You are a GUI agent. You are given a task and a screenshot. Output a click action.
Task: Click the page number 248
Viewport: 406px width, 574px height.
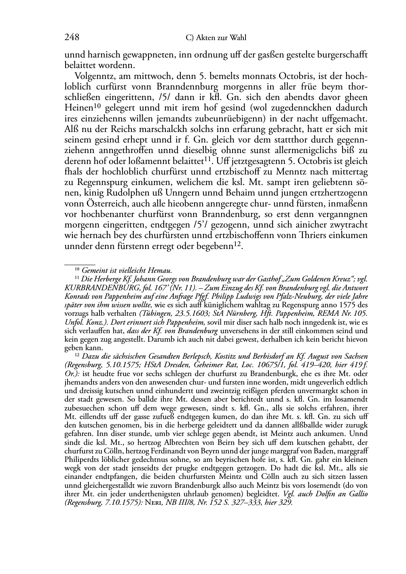(x=72, y=38)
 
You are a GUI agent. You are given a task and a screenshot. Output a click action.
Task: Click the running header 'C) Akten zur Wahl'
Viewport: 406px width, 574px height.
(x=216, y=38)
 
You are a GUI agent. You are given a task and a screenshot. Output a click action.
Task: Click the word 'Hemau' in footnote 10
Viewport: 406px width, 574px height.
(x=161, y=270)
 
